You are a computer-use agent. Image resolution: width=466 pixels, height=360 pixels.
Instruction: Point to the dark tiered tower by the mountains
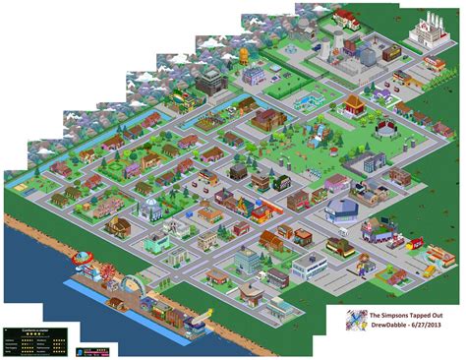point(210,81)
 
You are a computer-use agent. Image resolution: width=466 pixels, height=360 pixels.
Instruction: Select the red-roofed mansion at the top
point(347,18)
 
